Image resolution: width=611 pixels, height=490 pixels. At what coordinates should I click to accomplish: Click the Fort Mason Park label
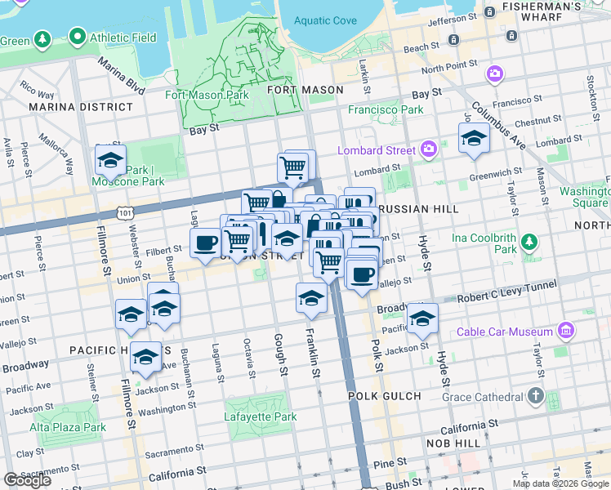[206, 95]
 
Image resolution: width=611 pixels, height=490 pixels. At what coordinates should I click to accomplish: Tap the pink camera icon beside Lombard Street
[429, 149]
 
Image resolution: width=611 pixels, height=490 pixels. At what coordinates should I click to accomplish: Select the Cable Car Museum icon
[565, 331]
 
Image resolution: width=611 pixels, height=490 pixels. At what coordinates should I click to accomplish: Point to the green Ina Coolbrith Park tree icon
[530, 242]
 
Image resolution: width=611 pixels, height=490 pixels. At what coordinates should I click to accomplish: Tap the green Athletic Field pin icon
[78, 36]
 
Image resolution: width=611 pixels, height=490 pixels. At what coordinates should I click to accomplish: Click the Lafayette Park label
[260, 416]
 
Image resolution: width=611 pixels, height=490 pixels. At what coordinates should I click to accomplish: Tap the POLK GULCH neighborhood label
[384, 396]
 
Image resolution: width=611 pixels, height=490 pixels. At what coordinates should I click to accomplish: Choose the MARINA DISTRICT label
[80, 107]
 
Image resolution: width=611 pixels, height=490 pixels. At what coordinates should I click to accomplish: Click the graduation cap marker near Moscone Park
[110, 161]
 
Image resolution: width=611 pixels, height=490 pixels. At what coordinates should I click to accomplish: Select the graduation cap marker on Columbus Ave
[474, 139]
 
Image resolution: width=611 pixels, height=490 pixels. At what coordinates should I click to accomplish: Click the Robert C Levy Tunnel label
[507, 288]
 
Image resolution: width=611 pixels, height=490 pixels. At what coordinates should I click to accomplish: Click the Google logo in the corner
[27, 480]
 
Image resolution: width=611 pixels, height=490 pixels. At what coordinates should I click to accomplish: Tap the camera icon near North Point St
[494, 75]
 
